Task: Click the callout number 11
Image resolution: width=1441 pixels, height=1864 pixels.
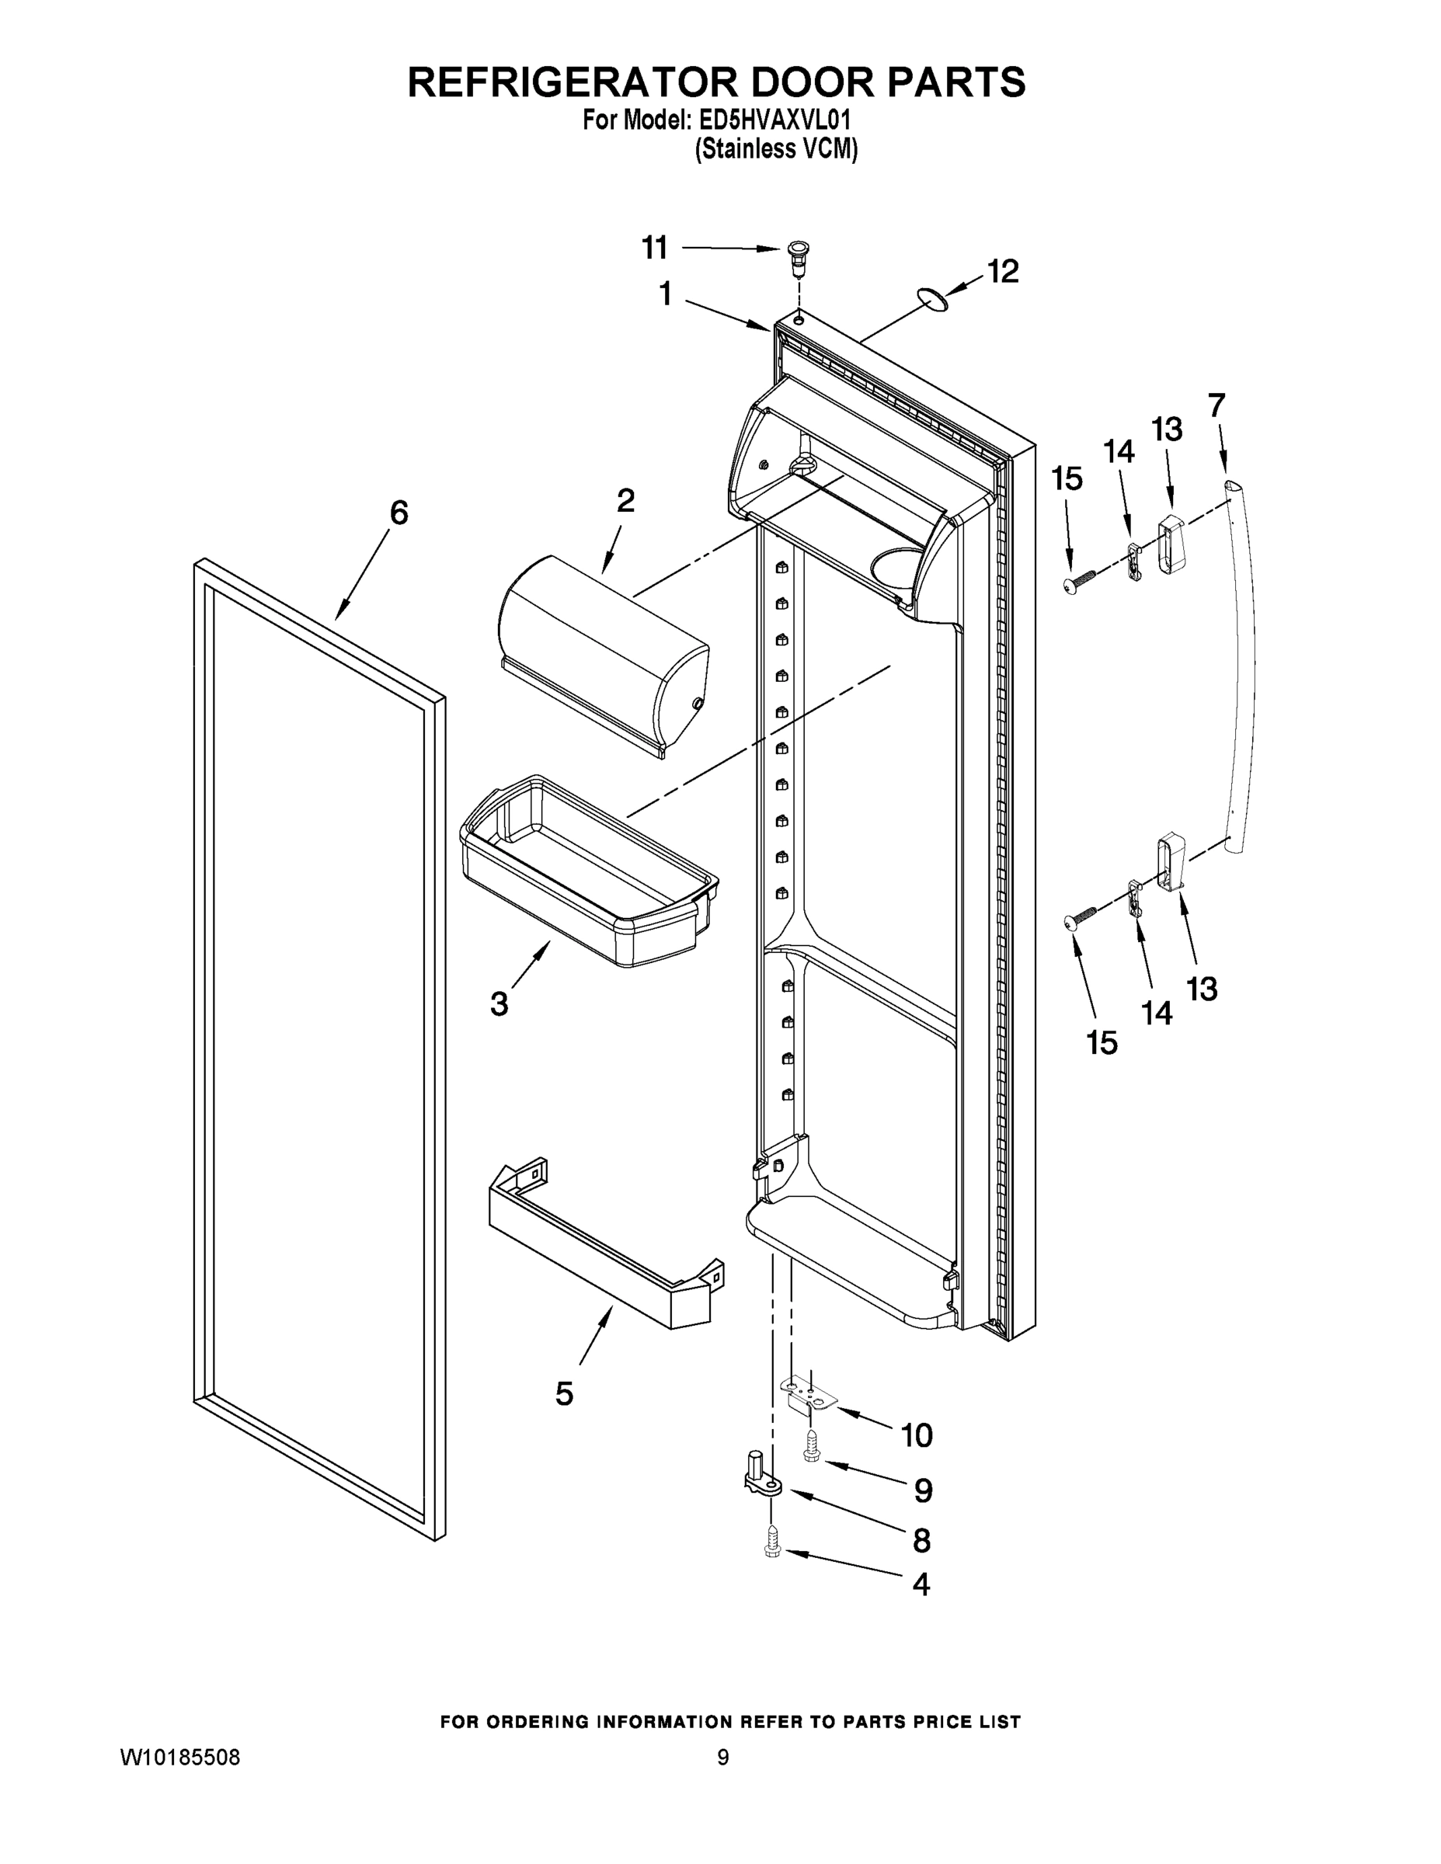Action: [x=655, y=249]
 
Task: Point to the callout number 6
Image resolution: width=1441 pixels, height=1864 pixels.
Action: [x=399, y=513]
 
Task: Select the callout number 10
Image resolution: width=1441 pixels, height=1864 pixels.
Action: [x=917, y=1435]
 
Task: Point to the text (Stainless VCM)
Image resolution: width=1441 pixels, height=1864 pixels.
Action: [x=776, y=149]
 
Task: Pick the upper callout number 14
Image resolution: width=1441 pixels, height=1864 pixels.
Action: [x=1119, y=451]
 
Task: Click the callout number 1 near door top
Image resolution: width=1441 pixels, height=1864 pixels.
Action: [x=666, y=294]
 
